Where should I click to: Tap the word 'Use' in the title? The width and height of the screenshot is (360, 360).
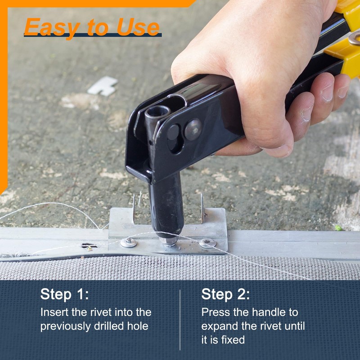click(138, 27)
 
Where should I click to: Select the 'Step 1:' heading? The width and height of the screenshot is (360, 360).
click(64, 294)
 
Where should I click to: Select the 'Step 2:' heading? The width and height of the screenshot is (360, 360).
click(225, 294)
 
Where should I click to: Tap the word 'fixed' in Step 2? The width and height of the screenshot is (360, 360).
click(232, 340)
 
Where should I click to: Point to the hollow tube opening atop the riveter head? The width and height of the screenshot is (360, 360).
click(157, 111)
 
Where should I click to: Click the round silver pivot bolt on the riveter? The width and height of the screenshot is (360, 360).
click(193, 130)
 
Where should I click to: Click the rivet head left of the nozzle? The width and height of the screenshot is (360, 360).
click(129, 243)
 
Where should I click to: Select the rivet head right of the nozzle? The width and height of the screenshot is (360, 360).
click(207, 243)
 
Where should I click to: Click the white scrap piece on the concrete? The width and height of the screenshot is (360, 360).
click(103, 86)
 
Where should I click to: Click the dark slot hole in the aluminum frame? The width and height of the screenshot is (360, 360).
click(89, 246)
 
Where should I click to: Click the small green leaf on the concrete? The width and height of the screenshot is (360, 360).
click(338, 228)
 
